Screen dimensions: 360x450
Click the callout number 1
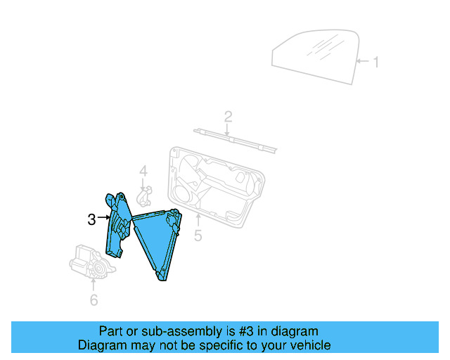point(375,63)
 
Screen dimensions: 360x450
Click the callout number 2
point(228,116)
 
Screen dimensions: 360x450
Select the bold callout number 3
point(91,219)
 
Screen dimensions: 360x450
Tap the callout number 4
point(143,171)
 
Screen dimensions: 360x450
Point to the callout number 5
point(198,236)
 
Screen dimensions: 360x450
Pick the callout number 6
point(94,301)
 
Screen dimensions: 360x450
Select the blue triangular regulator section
point(157,243)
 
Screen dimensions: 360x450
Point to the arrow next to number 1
point(362,63)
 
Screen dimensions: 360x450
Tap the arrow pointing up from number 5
point(198,220)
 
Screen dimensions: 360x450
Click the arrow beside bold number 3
point(103,219)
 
